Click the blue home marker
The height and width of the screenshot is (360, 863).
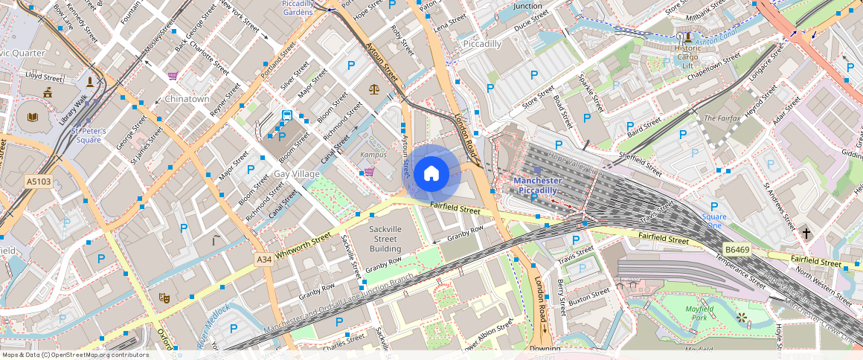pyautogui.click(x=431, y=174)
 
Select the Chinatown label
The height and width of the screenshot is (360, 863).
pyautogui.click(x=187, y=99)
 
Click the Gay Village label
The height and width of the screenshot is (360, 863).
pyautogui.click(x=297, y=173)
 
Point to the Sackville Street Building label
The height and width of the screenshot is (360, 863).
pyautogui.click(x=385, y=238)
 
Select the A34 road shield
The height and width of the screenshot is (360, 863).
pyautogui.click(x=263, y=259)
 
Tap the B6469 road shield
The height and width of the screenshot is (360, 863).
pyautogui.click(x=737, y=250)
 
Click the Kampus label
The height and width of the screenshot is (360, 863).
pyautogui.click(x=373, y=155)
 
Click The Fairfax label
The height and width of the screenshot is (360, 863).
pyautogui.click(x=722, y=118)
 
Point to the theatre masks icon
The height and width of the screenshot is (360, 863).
pyautogui.click(x=164, y=298)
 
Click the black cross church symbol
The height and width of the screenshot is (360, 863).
pyautogui.click(x=806, y=234)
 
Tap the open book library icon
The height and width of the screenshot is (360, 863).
pyautogui.click(x=32, y=117)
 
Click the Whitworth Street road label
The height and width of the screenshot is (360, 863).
pyautogui.click(x=302, y=248)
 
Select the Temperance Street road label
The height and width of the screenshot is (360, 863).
pyautogui.click(x=740, y=270)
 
